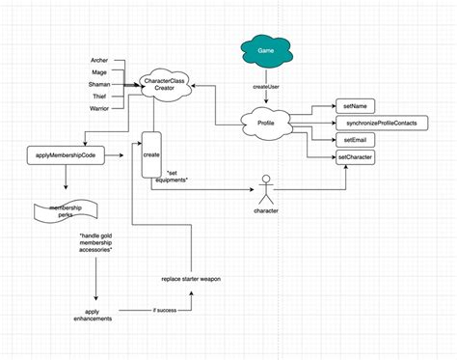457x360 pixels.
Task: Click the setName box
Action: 353,106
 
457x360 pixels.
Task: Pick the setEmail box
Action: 353,140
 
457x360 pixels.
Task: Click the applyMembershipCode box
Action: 66,154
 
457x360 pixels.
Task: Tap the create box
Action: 151,154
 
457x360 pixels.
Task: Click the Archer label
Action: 99,61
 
